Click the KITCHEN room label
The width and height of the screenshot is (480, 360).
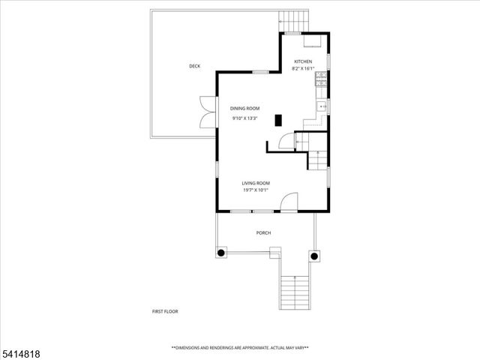point(303,61)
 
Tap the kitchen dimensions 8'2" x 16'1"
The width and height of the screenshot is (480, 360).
point(303,69)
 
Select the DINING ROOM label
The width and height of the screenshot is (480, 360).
point(244,109)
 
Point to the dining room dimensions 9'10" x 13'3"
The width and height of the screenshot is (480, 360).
point(244,118)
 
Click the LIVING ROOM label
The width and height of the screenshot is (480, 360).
point(256,183)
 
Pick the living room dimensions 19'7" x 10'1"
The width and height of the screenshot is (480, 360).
point(256,190)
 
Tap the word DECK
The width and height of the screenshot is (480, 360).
point(195,67)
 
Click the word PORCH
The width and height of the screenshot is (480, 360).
point(263,233)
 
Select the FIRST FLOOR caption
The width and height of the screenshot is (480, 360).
point(165,311)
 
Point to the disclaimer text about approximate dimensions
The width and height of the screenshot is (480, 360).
point(240,348)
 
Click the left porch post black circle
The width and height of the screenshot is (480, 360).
point(221,254)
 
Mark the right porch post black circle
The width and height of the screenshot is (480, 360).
point(314,256)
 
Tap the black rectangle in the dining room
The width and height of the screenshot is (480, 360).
point(278,120)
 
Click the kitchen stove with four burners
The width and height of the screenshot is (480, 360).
point(322,79)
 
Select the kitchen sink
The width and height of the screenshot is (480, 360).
point(322,108)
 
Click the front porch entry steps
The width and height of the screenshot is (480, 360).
point(294,292)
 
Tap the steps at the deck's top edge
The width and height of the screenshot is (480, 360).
point(295,19)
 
